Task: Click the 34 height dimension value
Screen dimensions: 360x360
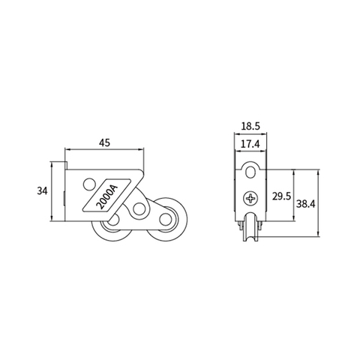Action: click(x=43, y=191)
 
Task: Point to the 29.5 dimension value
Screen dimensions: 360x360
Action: click(x=281, y=196)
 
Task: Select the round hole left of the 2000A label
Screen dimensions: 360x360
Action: click(x=89, y=184)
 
